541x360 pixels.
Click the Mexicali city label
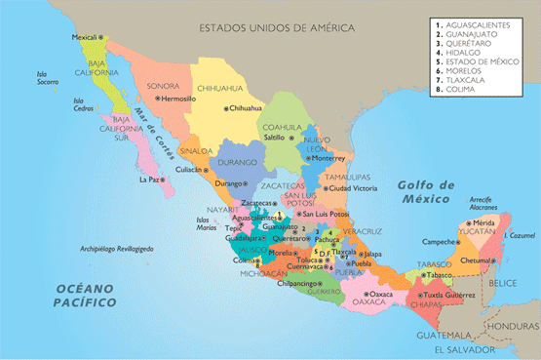[x=86, y=38]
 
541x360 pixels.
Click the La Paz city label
[x=149, y=180]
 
